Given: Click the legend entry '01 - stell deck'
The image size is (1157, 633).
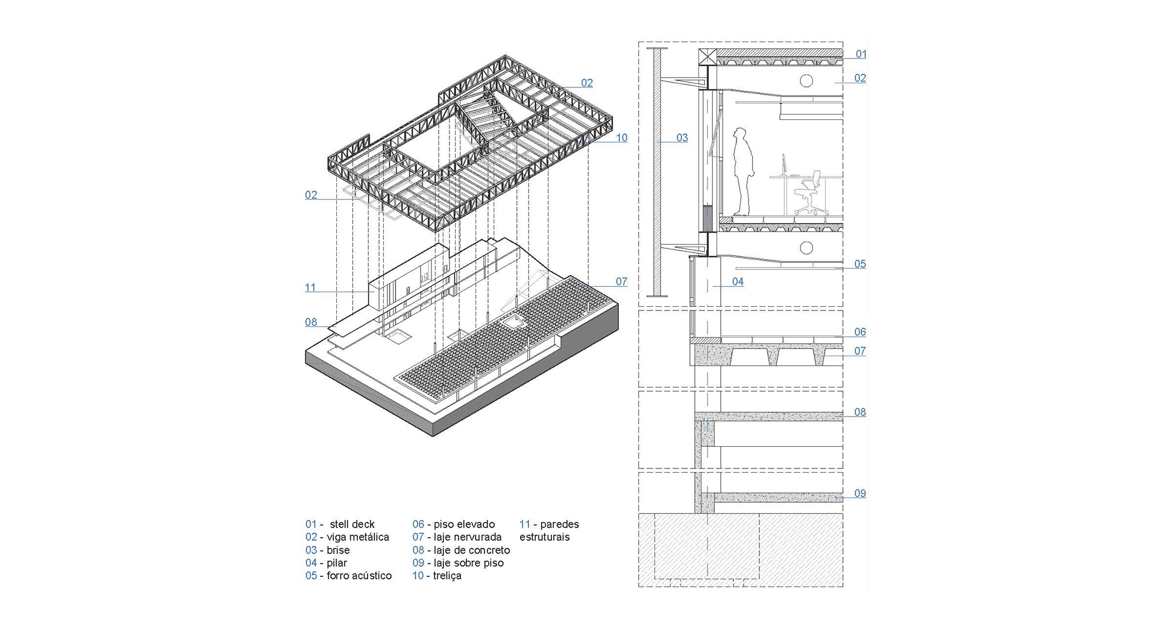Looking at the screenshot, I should pos(340,524).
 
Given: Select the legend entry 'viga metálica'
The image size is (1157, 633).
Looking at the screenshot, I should pos(347,537).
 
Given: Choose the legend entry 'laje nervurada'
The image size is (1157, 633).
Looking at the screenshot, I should pos(457,537).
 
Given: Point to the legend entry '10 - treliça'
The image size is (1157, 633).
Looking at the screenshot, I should pos(437,576).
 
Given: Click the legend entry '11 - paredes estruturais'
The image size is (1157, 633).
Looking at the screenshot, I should pos(548,531).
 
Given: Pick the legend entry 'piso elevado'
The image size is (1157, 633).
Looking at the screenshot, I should pos(453,524).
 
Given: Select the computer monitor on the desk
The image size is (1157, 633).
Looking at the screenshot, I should pos(783,165).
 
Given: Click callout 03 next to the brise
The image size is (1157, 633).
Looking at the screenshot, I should pos(682,138).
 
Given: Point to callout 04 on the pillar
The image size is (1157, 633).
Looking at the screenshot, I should pos(738,282).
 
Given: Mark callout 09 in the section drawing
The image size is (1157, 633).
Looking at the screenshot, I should pos(860,494).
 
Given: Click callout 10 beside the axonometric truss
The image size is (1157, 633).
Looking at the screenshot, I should pos(621,138).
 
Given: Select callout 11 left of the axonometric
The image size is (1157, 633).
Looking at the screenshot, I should pos(310,288).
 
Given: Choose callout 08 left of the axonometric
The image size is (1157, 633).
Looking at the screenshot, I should pos(311,323).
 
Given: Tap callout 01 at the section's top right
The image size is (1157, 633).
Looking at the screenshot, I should pos(861,54).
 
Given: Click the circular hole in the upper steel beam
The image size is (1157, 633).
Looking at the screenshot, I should pos(806,81).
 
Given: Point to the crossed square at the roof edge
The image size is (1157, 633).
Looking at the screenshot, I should pos(707,58).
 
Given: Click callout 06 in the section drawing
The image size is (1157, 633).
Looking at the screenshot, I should pos(860,332).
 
